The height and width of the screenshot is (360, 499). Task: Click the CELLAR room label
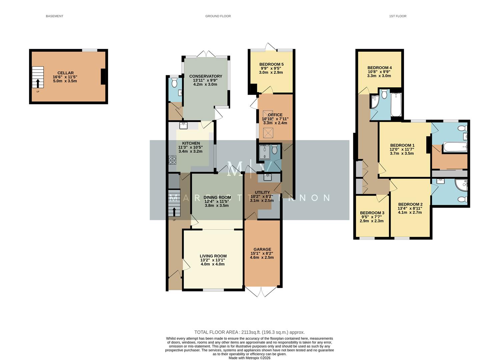[65, 73]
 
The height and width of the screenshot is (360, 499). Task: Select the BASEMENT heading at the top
[54, 16]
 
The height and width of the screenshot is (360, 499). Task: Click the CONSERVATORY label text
[205, 76]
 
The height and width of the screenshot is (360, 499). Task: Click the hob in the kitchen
[173, 160]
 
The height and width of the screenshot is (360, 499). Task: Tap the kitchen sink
[183, 126]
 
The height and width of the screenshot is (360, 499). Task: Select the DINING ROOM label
[217, 198]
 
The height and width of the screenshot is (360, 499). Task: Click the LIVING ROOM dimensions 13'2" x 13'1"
[213, 260]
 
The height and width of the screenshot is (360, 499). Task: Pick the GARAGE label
[262, 249]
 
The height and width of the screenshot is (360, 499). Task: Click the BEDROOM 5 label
[271, 64]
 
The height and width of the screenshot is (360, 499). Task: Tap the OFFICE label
[275, 115]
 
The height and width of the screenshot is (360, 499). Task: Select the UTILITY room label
[262, 193]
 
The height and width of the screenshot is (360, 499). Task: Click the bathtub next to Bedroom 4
[396, 105]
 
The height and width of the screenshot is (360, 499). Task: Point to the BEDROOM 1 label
[402, 145]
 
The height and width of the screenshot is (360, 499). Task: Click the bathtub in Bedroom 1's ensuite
[454, 147]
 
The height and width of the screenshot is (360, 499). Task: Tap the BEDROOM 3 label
[372, 213]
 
